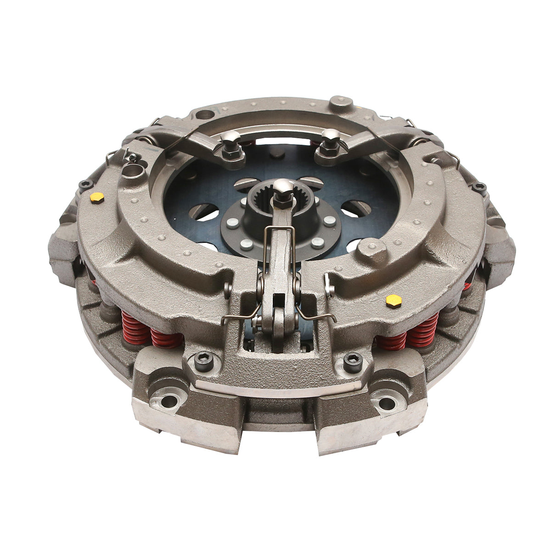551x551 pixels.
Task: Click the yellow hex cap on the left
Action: coord(97,197)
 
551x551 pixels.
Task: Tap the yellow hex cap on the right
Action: coord(394,301)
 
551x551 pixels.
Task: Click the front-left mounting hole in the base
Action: coord(169,400)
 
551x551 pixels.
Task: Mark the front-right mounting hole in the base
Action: coord(387,404)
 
